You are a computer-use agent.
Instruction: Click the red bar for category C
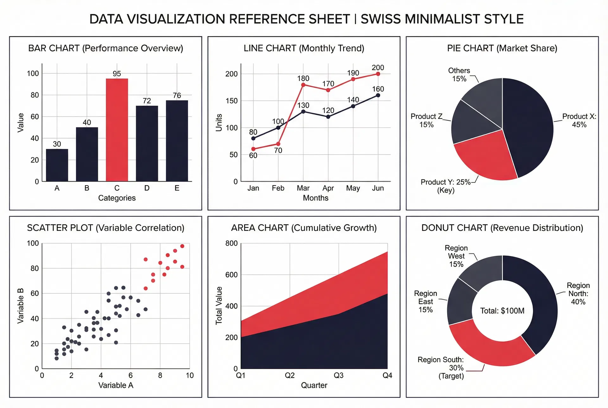(x=117, y=130)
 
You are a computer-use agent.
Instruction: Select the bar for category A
(x=57, y=165)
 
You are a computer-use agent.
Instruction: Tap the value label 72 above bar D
(x=147, y=101)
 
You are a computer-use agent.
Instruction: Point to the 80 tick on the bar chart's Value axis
(x=35, y=95)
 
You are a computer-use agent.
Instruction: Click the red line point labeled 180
(x=303, y=85)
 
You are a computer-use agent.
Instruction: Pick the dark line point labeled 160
(x=378, y=95)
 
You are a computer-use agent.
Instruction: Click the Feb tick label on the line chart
(x=278, y=188)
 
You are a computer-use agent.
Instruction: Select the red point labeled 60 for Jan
(x=253, y=149)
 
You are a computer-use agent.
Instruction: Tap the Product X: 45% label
(x=579, y=120)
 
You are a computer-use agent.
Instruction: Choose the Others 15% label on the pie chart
(x=459, y=75)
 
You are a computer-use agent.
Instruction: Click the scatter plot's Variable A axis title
(x=116, y=385)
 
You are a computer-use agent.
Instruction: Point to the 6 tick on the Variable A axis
(x=130, y=375)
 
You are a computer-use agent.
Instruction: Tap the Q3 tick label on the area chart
(x=339, y=375)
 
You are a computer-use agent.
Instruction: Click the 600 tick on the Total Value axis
(x=231, y=275)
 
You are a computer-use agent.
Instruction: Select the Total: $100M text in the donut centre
(x=502, y=311)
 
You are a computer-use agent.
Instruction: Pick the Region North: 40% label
(x=578, y=294)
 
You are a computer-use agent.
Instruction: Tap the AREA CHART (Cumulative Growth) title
(x=304, y=228)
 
